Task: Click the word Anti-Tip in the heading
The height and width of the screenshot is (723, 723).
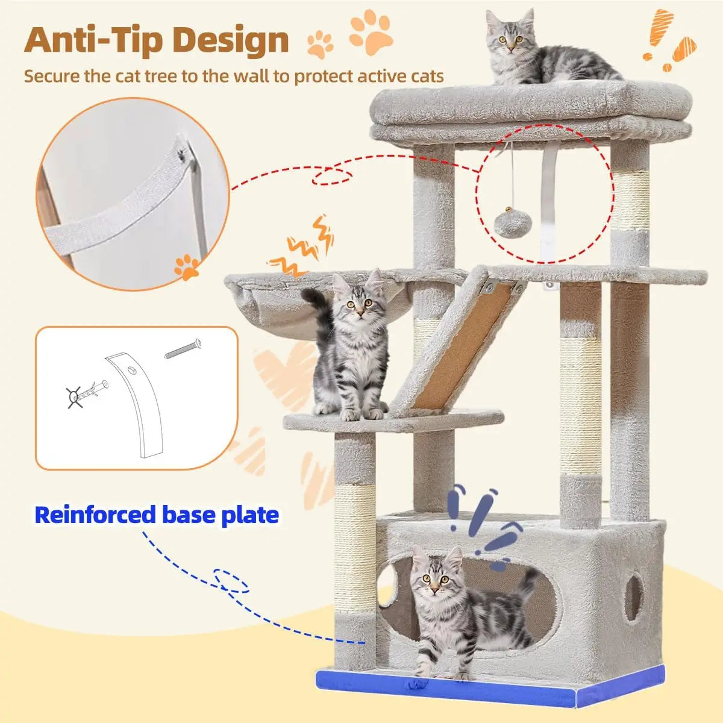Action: click(94, 40)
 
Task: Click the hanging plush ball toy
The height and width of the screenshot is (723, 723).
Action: click(508, 224)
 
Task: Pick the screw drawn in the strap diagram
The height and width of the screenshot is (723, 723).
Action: click(183, 349)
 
